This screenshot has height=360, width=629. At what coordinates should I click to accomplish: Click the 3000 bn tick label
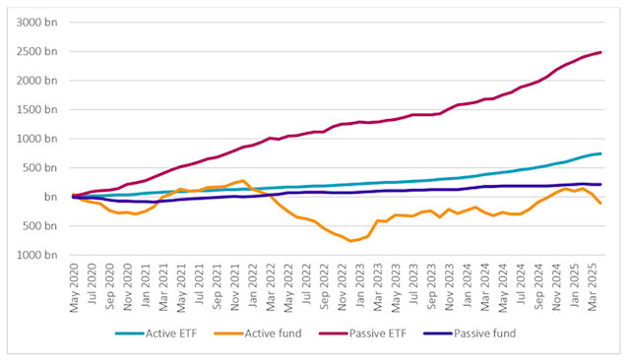click(x=36, y=22)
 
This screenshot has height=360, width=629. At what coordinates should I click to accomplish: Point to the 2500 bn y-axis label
click(x=36, y=51)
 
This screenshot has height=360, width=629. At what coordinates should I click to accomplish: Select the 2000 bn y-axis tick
click(x=36, y=81)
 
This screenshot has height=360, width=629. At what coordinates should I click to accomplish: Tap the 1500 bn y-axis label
click(x=36, y=109)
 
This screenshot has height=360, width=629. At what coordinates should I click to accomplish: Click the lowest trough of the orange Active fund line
click(x=348, y=241)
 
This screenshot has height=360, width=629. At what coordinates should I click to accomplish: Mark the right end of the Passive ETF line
click(x=600, y=52)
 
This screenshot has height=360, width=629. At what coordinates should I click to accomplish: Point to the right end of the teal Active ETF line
click(x=600, y=153)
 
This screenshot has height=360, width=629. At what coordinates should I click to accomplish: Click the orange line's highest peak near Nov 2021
click(x=243, y=181)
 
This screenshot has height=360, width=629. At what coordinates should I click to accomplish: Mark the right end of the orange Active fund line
click(x=600, y=203)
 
